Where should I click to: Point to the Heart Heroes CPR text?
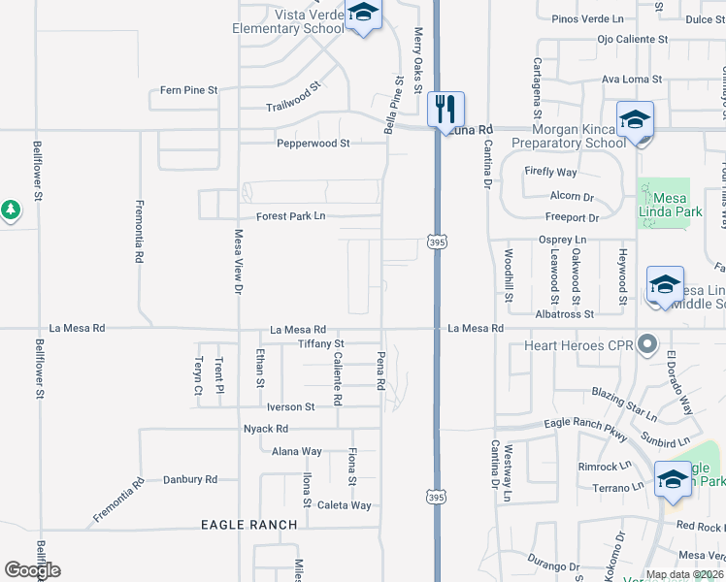tap(578, 345)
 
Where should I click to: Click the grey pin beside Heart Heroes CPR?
tap(649, 344)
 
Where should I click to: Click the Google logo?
tap(32, 570)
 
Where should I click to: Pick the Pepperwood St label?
tap(313, 143)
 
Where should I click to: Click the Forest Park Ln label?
tap(290, 215)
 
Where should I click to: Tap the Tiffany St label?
tap(321, 343)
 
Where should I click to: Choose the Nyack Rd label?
tap(267, 428)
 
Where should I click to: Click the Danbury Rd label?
tap(189, 479)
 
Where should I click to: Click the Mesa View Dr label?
tap(238, 261)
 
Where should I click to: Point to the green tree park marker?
tap(10, 209)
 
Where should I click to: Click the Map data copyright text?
tap(683, 574)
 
